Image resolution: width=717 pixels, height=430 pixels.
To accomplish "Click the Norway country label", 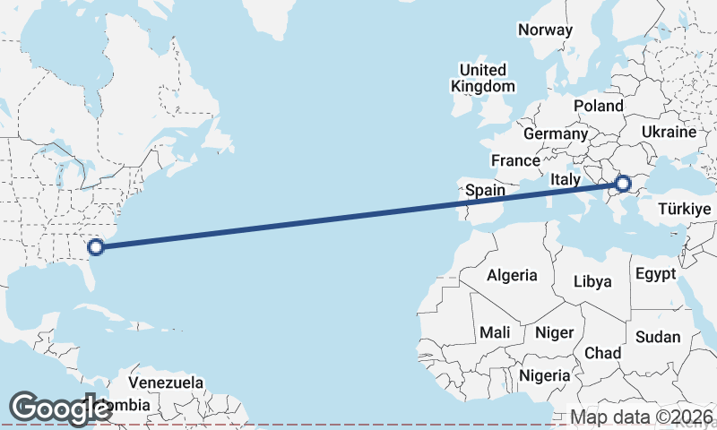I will point(545,30).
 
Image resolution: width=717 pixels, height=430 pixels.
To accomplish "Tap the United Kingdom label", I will point(483,78).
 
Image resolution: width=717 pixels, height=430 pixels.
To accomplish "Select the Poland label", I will point(598,106).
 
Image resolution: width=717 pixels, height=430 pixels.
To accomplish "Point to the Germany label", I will point(555,133).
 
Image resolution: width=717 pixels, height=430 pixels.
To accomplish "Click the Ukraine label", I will point(669,132).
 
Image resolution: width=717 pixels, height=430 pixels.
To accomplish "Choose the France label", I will point(514,161).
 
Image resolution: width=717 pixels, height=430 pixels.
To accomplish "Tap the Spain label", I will point(485,190).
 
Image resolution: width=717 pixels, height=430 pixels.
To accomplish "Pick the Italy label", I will point(566,179).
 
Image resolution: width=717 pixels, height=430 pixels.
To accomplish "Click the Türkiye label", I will point(684,209).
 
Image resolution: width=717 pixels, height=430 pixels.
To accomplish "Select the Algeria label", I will point(512,275).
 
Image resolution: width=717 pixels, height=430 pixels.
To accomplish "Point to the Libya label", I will point(592,281).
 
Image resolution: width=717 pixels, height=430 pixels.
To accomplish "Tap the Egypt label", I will point(654,274).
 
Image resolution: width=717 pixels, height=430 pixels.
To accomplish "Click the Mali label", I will point(495,332).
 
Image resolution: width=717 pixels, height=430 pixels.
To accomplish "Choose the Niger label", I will point(554,332).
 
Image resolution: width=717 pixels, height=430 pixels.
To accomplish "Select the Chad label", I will point(602,353).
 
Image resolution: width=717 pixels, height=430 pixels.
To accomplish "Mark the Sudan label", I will point(657,338).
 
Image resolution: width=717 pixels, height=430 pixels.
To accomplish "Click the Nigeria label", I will point(543,375).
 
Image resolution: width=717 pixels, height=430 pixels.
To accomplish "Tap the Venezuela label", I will point(167,383).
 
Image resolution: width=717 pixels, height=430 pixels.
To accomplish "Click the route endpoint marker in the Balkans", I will point(623,185).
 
